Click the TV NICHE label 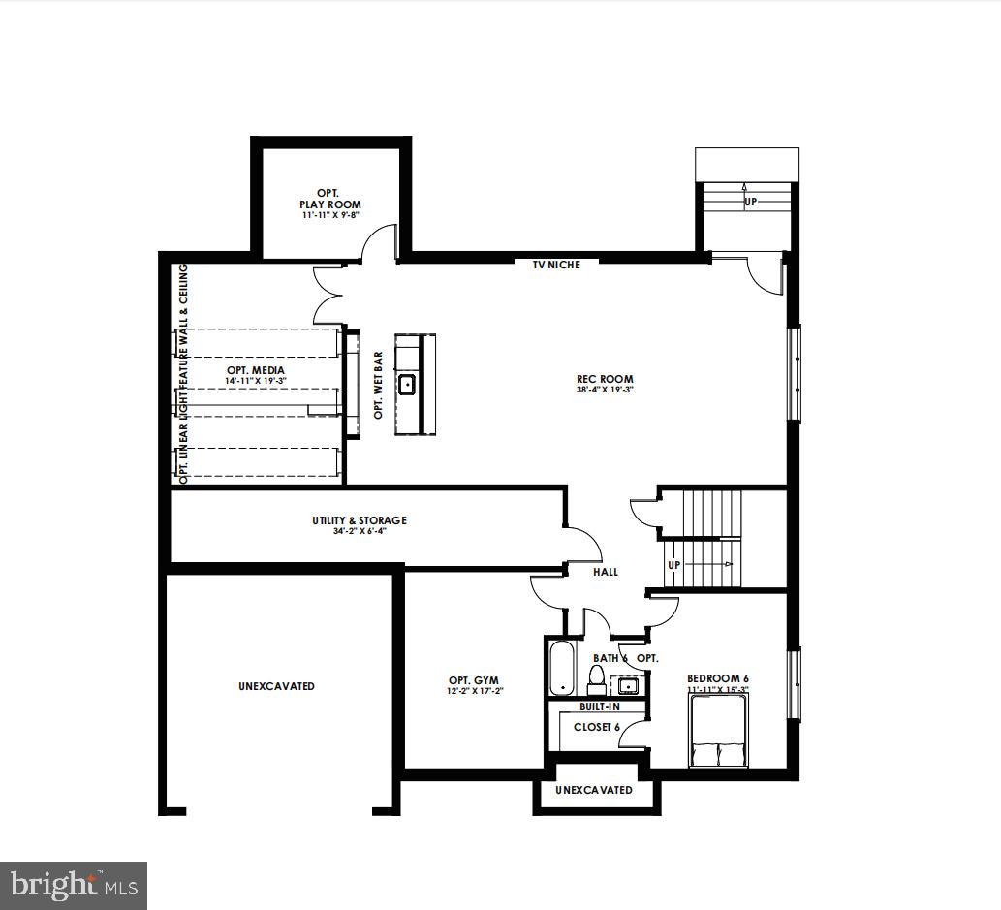(x=557, y=265)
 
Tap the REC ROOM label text (x=605, y=379)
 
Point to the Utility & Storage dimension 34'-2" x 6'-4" (x=359, y=531)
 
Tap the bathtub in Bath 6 (x=561, y=667)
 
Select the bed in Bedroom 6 (x=717, y=734)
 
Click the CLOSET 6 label (x=596, y=726)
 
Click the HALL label (x=606, y=572)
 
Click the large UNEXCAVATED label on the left (x=276, y=686)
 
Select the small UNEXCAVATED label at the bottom (x=594, y=790)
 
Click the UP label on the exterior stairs (x=750, y=203)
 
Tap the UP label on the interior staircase (x=674, y=564)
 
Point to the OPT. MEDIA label (x=256, y=370)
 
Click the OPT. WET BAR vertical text (x=378, y=385)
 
